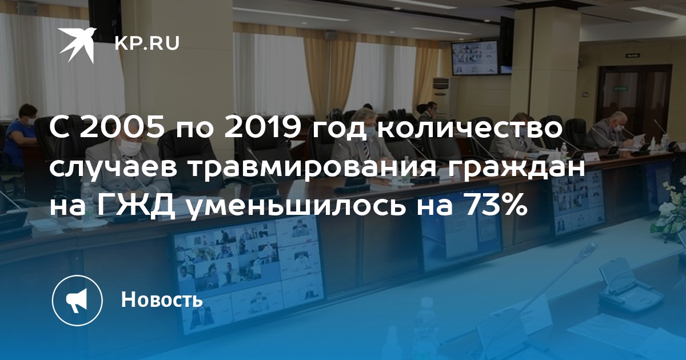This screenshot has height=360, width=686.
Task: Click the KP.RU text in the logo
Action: coord(147,43)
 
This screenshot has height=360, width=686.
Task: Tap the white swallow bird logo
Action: coord(78,45)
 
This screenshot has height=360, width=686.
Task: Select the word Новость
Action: coord(162,299)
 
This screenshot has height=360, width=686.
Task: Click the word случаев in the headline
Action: coord(113,169)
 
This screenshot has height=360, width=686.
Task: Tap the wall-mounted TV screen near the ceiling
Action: coord(475,58)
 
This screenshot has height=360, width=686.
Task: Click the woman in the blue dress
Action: coord(23,138)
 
